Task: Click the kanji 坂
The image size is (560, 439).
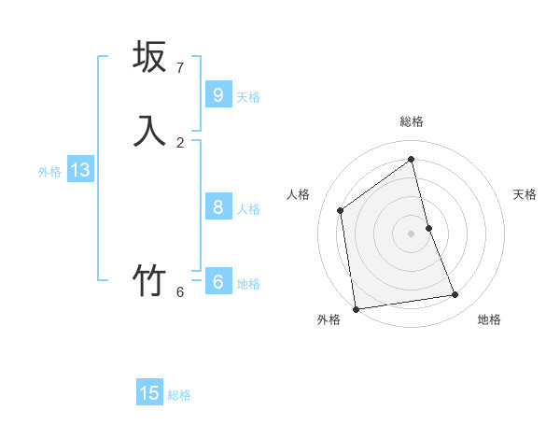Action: tap(149, 57)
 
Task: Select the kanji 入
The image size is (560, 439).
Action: tap(149, 132)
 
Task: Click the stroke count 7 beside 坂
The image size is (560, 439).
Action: tap(180, 68)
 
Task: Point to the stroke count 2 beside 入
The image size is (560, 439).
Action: tap(180, 143)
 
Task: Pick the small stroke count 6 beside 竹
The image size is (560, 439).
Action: tap(180, 292)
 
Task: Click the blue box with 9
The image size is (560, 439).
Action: tap(217, 95)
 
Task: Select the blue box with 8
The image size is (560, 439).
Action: tap(217, 207)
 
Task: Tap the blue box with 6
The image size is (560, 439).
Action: tap(217, 282)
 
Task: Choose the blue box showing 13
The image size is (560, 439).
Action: tap(79, 170)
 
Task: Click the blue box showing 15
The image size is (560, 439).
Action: tap(149, 393)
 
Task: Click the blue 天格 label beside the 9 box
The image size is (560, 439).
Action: tap(248, 97)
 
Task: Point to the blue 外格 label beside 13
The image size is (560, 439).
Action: tap(49, 172)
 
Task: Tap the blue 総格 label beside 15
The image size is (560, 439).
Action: tap(179, 395)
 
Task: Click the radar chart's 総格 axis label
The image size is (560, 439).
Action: tap(411, 121)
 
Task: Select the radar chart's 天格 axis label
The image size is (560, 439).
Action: tap(525, 194)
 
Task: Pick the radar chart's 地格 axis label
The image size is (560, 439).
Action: tap(489, 319)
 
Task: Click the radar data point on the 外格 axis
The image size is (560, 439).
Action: tap(356, 308)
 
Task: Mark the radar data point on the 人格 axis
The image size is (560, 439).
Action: tap(341, 210)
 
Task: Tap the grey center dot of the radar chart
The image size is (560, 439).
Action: tap(411, 233)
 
